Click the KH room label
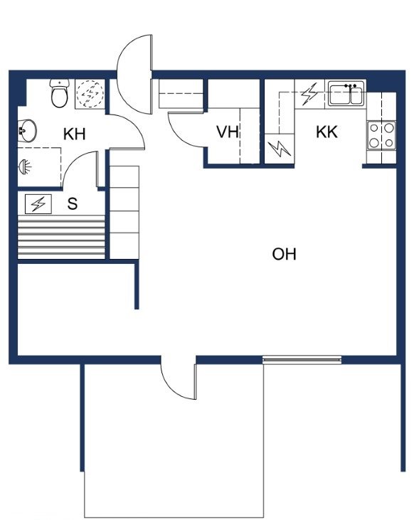(x=74, y=134)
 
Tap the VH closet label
(x=228, y=132)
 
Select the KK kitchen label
(x=327, y=132)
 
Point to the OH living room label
(x=284, y=254)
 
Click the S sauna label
(x=73, y=203)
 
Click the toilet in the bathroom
(x=60, y=93)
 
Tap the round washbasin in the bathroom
(x=27, y=131)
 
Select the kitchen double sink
(x=346, y=93)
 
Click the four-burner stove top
(x=381, y=135)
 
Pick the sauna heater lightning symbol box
(x=38, y=204)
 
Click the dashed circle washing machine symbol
(x=90, y=94)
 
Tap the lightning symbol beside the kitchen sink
(x=309, y=94)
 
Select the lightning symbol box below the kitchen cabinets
(x=280, y=148)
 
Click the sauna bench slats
(x=61, y=237)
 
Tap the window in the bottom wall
(x=302, y=360)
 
